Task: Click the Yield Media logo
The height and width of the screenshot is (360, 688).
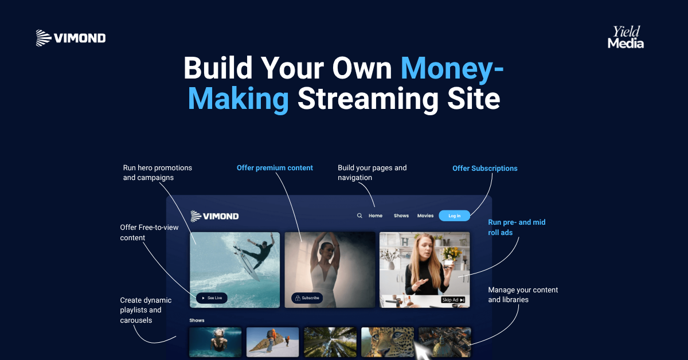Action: tap(626, 37)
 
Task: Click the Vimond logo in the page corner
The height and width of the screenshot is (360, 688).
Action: tap(71, 38)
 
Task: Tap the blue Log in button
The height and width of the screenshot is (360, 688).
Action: tap(454, 216)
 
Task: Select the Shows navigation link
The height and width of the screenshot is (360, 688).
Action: tap(401, 216)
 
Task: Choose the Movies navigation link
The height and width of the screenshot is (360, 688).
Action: tap(425, 216)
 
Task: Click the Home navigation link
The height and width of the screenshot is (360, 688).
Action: tap(376, 216)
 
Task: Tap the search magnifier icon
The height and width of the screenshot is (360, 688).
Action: tap(359, 216)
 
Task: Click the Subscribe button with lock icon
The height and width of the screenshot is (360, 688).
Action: tap(307, 298)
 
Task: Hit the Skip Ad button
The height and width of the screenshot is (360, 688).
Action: tap(453, 300)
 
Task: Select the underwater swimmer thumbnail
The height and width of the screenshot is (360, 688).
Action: tap(215, 342)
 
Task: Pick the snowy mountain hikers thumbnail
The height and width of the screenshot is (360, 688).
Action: tap(272, 342)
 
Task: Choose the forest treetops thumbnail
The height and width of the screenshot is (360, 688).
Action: tap(330, 342)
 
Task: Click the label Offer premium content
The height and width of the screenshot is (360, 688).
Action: tap(275, 168)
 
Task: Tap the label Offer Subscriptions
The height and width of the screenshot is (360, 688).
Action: tap(484, 169)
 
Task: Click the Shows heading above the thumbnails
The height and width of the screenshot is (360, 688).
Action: tap(197, 320)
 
